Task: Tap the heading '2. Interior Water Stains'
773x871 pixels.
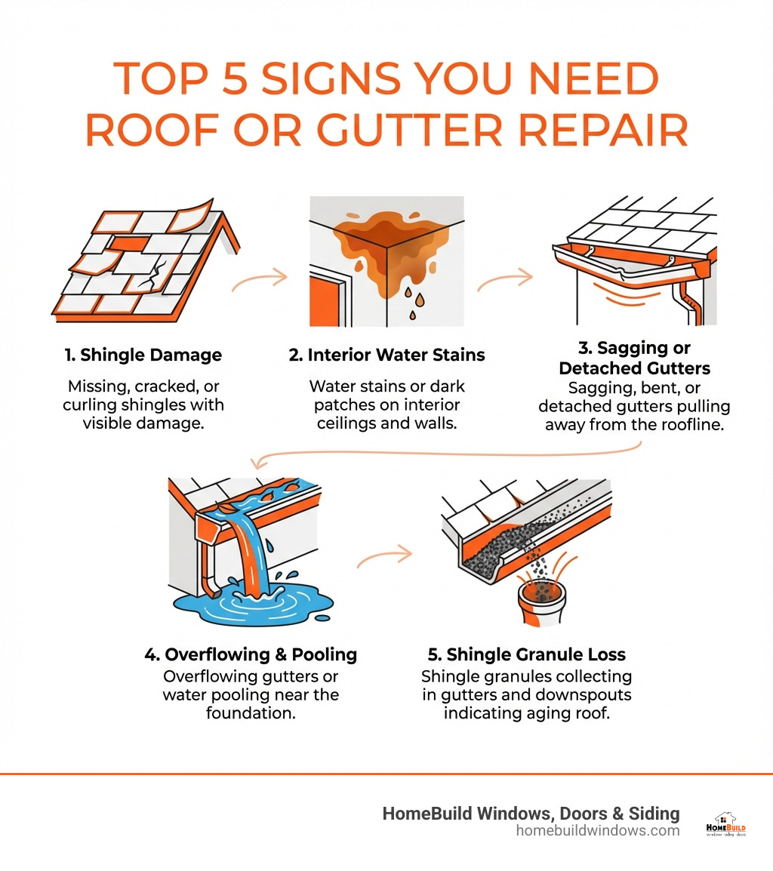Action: pyautogui.click(x=386, y=355)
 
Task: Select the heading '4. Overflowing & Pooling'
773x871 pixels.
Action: pyautogui.click(x=251, y=654)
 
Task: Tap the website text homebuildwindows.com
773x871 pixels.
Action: pyautogui.click(x=598, y=831)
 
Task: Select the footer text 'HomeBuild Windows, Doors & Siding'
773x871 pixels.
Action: pyautogui.click(x=531, y=813)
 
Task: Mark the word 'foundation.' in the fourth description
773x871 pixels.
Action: pyautogui.click(x=250, y=712)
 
